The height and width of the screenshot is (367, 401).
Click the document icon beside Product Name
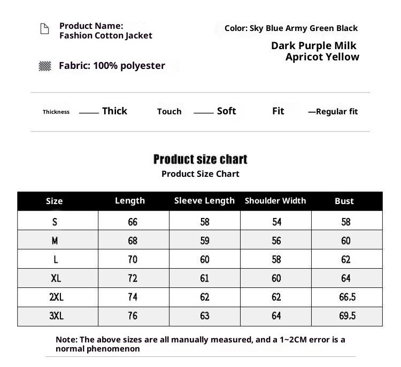pyautogui.click(x=45, y=29)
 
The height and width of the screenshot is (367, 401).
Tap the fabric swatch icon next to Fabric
pyautogui.click(x=45, y=66)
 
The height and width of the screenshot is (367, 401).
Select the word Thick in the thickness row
pyautogui.click(x=114, y=111)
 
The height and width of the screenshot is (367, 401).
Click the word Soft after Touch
pyautogui.click(x=226, y=111)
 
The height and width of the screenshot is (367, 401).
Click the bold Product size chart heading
pyautogui.click(x=200, y=159)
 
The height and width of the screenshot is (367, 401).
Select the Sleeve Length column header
pyautogui.click(x=204, y=201)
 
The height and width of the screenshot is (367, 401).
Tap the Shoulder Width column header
pyautogui.click(x=275, y=201)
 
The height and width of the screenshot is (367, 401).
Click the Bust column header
pyautogui.click(x=344, y=201)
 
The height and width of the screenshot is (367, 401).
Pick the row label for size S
pyautogui.click(x=55, y=222)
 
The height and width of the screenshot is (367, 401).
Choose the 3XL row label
pyautogui.click(x=56, y=316)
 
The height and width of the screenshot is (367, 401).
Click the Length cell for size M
pyautogui.click(x=133, y=241)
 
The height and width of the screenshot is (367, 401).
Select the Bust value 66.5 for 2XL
pyautogui.click(x=347, y=297)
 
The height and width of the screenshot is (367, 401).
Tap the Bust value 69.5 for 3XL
pyautogui.click(x=347, y=316)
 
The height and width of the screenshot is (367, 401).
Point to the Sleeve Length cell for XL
pyautogui.click(x=205, y=278)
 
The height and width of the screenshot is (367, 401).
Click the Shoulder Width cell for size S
pyautogui.click(x=276, y=222)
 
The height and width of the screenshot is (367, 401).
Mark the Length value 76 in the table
pyautogui.click(x=133, y=316)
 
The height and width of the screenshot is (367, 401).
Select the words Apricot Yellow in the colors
pyautogui.click(x=322, y=57)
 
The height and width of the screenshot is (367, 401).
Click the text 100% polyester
pyautogui.click(x=129, y=66)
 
